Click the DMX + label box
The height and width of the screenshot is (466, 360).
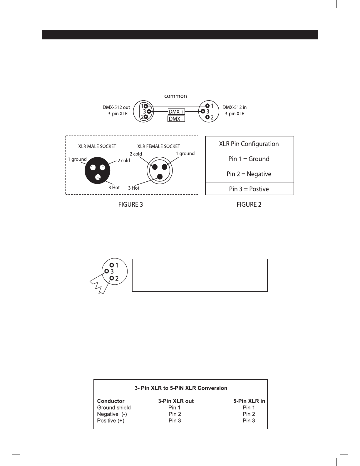click(176, 112)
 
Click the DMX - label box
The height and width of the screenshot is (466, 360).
click(176, 119)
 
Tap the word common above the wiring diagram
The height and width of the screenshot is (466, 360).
click(175, 96)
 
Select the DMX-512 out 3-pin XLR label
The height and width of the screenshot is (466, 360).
click(116, 111)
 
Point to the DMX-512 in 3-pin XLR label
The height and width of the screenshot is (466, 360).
click(235, 111)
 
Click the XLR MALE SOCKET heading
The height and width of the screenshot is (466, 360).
click(97, 146)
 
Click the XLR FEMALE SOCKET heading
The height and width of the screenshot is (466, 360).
click(159, 146)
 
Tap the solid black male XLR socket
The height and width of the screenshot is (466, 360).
click(97, 170)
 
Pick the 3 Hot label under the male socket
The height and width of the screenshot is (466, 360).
click(114, 188)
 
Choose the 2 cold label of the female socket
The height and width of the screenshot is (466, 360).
click(136, 154)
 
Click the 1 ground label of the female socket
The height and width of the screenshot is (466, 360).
click(185, 153)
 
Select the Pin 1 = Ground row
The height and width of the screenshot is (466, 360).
click(249, 159)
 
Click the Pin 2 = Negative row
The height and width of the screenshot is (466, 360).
click(249, 174)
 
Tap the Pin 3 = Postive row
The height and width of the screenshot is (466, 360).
click(249, 189)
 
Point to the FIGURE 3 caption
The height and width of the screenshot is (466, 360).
click(130, 205)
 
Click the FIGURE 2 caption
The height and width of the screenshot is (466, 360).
click(249, 205)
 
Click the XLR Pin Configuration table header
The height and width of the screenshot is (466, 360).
click(249, 144)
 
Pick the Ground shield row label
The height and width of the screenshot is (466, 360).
click(114, 407)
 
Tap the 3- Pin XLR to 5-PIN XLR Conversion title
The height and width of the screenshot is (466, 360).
click(181, 388)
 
